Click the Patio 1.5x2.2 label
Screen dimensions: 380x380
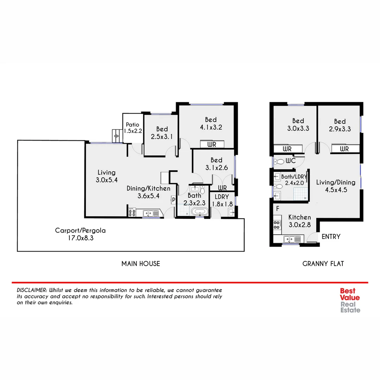coord(133,128)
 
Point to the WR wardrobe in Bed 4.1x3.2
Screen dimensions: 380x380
coord(212,145)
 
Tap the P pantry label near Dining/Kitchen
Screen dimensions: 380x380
coord(173,200)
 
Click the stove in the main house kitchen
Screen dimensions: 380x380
coord(132,213)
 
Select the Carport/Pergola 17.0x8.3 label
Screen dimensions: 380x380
coord(80,234)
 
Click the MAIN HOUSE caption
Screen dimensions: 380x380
coord(141,264)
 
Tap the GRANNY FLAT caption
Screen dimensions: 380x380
coord(323,264)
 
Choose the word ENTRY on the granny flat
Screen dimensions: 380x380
coord(331,236)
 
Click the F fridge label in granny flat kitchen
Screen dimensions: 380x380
coord(278,209)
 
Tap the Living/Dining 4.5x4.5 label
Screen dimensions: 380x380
coord(336,186)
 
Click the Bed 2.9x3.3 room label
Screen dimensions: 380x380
coord(340,125)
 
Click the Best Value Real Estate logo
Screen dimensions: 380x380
coord(350,300)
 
